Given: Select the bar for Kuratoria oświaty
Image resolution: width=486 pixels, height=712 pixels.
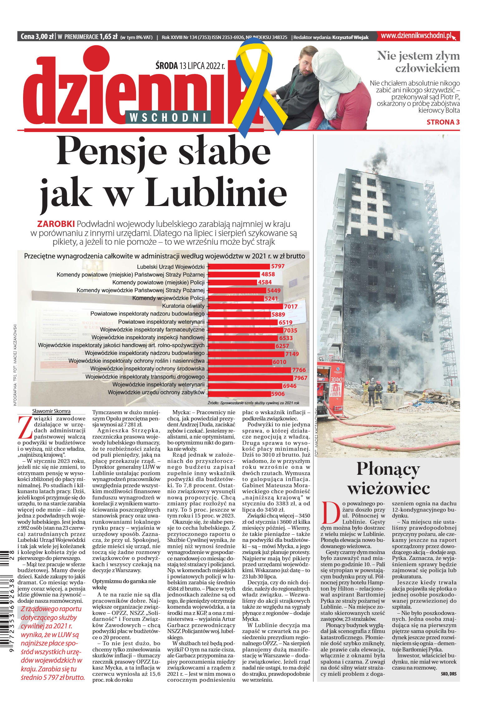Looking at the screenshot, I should click(245, 306).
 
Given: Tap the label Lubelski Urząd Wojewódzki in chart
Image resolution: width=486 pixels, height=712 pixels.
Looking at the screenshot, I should click(171, 267).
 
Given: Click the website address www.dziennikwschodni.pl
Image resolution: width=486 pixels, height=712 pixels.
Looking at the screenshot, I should click(416, 36).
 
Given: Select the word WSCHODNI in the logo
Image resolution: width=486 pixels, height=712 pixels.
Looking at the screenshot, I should click(168, 117).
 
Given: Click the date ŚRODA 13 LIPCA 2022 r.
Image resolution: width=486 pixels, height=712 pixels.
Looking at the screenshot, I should click(190, 66).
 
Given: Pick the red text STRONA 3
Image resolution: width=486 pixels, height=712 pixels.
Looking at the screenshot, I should click(443, 122).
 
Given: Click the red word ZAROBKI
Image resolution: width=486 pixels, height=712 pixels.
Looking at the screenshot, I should click(56, 224).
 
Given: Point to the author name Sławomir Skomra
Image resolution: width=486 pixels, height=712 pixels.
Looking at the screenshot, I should click(51, 411).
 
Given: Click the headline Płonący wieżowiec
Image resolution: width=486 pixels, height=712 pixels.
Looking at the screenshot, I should click(388, 479).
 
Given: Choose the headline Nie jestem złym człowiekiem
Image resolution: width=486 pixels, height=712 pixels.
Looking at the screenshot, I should click(418, 62).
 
